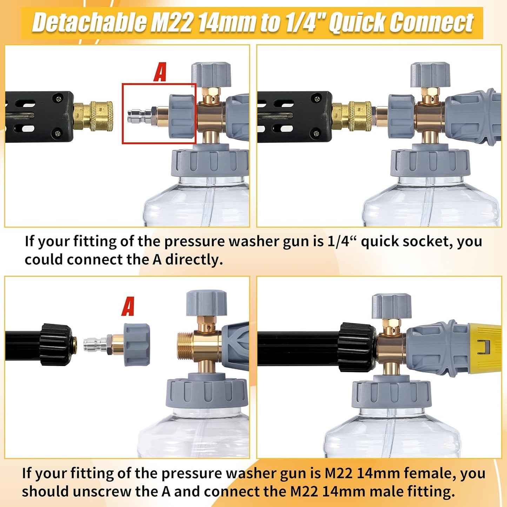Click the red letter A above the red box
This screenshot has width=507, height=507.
[160, 73]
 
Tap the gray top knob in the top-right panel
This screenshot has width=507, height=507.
[430, 75]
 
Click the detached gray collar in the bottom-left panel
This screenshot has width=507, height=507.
[137, 345]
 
